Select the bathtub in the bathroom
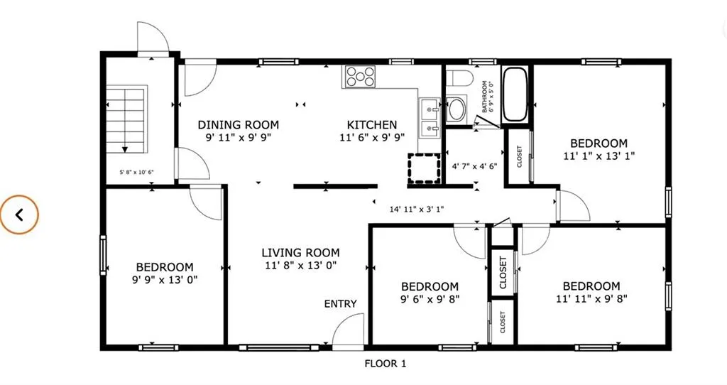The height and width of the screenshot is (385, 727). tap(515, 94)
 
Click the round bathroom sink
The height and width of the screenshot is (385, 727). tap(457, 109)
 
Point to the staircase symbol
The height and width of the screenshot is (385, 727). tap(126, 119)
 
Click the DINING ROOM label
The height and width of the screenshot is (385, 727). tap(239, 125)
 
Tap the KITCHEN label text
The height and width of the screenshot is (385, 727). tap(372, 125)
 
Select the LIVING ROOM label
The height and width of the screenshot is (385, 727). tap(300, 253)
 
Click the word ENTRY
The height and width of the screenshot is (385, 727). tap(340, 304)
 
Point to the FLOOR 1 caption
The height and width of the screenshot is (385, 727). tap(386, 364)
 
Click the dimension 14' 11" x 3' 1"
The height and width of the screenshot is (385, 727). tap(416, 210)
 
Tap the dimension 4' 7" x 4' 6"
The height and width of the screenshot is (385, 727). tap(475, 166)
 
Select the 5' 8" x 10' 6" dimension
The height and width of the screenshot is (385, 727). tap(137, 172)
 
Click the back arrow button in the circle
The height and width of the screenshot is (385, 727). tap(19, 215)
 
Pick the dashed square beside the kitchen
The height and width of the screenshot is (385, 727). tap(424, 168)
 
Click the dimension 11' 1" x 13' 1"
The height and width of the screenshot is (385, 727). tap(599, 156)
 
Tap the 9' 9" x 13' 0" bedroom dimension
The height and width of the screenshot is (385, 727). tap(165, 280)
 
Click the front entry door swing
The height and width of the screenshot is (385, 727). tap(349, 330)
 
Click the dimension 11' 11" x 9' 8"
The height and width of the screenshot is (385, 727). tap(591, 299)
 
